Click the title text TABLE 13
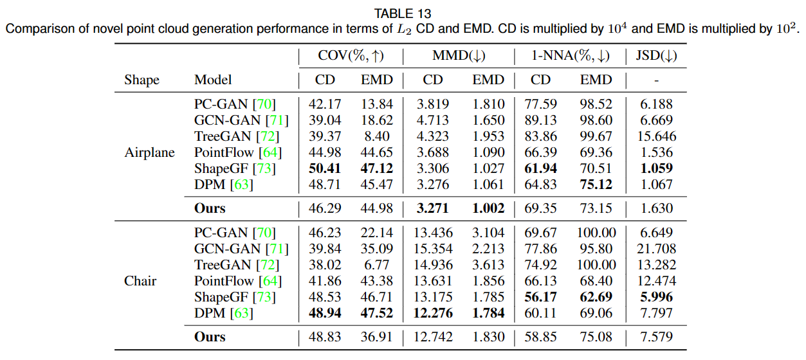[x=403, y=14]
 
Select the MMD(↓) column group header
[x=459, y=56]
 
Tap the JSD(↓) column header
[x=656, y=56]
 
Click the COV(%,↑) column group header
[x=351, y=56]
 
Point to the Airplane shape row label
[x=149, y=152]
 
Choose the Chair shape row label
[x=140, y=281]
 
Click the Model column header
[x=213, y=80]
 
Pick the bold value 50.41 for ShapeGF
[x=325, y=168]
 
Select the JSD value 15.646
[x=657, y=136]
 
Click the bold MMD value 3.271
[x=433, y=208]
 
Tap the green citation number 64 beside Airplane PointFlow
[x=270, y=152]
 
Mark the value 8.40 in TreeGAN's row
[x=377, y=136]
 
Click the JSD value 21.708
[x=657, y=249]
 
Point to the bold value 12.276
[x=433, y=313]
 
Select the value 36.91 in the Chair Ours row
[x=377, y=337]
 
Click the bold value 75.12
[x=596, y=184]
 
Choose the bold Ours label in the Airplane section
[x=210, y=208]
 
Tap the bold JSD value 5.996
[x=657, y=297]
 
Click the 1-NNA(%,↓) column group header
[x=571, y=56]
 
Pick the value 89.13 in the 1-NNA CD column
[x=540, y=120]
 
